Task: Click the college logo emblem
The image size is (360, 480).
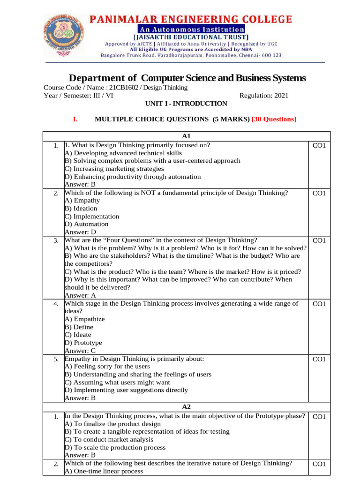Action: click(66, 34)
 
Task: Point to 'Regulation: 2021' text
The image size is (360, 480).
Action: click(264, 96)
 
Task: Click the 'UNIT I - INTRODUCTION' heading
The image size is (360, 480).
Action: click(187, 104)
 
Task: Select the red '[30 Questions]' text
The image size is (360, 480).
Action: click(274, 120)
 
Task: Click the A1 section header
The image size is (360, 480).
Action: click(186, 136)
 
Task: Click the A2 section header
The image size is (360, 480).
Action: click(186, 407)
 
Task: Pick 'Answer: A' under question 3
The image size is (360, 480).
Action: click(80, 295)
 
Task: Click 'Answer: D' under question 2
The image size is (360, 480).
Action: click(80, 232)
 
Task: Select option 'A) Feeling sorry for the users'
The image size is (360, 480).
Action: click(107, 366)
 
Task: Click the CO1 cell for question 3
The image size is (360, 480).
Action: click(319, 240)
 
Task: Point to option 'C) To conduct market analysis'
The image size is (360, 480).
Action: click(109, 439)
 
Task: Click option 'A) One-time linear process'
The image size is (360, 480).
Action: click(104, 471)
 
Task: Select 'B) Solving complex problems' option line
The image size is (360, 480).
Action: click(152, 161)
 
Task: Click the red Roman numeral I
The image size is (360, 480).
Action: click(75, 120)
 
